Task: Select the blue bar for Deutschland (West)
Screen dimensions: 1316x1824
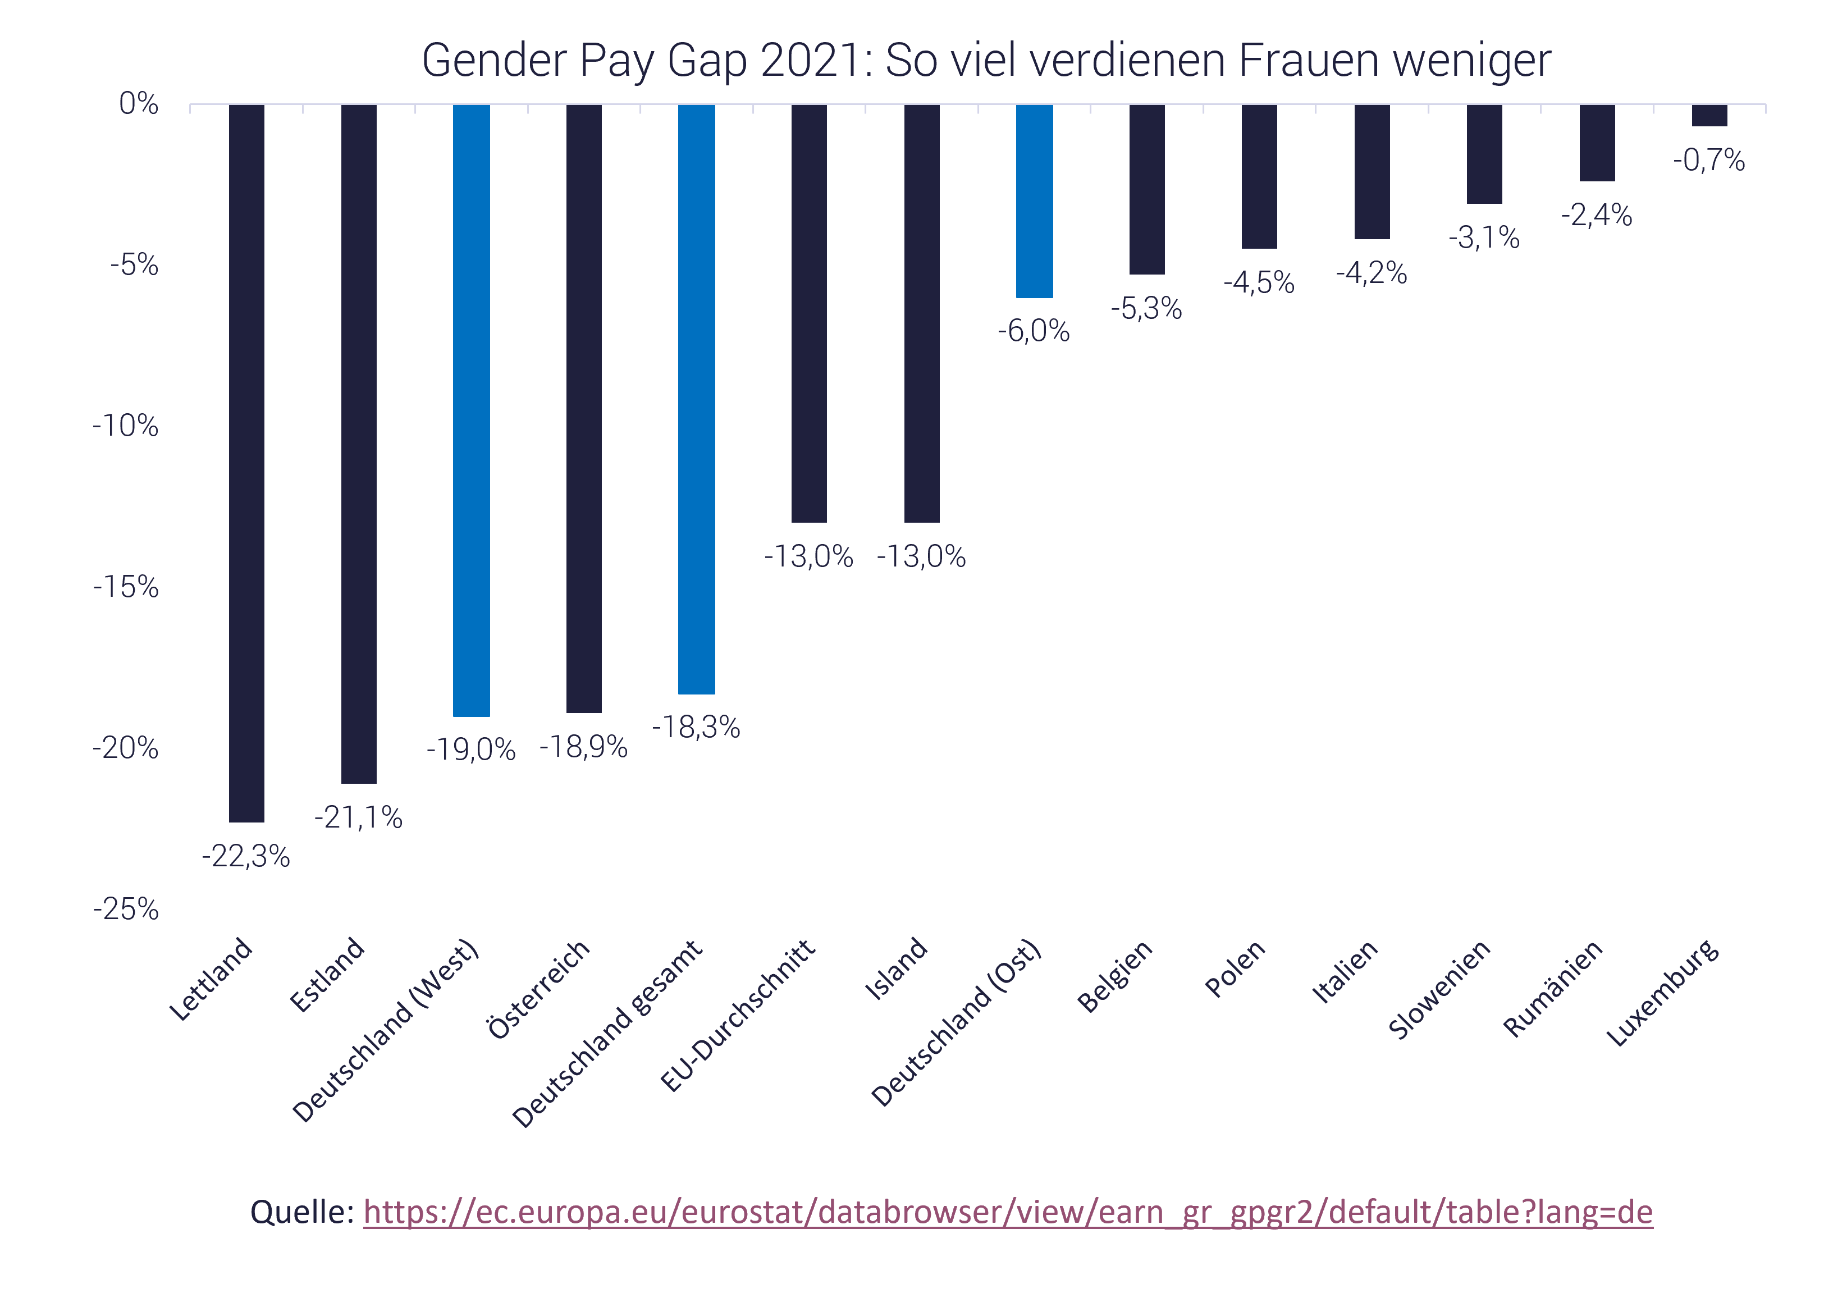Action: click(471, 410)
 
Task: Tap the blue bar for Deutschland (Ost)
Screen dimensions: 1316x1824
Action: click(1034, 201)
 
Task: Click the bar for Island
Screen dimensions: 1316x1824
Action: click(922, 314)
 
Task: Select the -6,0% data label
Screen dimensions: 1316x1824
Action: click(1034, 331)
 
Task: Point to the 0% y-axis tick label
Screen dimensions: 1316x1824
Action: click(138, 104)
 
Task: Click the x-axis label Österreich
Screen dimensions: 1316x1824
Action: click(539, 989)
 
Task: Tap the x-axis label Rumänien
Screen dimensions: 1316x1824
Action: click(1553, 989)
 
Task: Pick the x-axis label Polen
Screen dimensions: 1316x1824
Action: click(1235, 968)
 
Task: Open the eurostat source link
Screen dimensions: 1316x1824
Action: click(1008, 1212)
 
